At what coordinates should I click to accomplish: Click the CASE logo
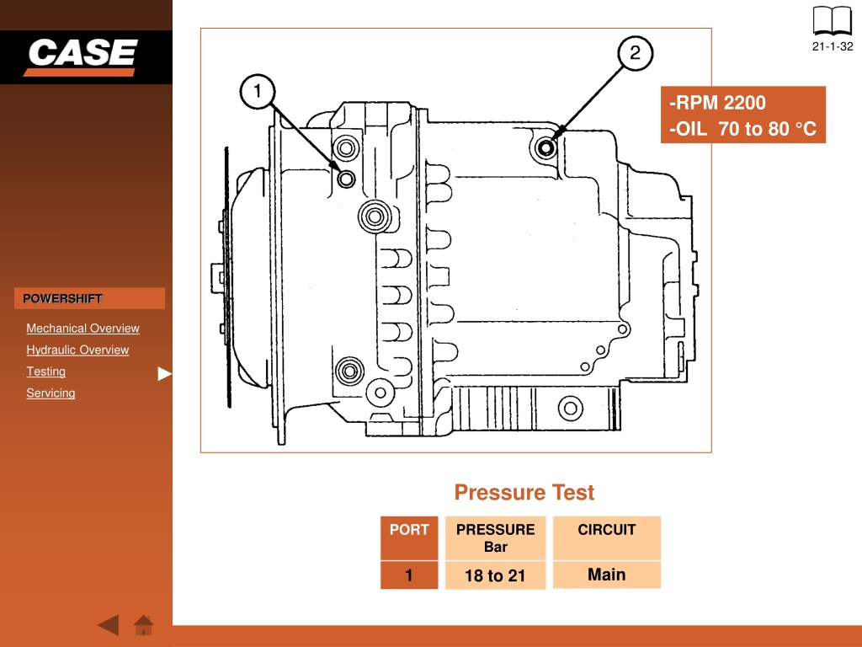tap(82, 56)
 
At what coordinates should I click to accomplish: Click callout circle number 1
tap(258, 91)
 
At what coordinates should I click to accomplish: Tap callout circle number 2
tap(635, 53)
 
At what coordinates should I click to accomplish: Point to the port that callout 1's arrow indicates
tap(346, 179)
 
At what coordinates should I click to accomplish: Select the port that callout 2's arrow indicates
tap(545, 147)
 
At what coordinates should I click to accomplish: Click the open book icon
tap(833, 21)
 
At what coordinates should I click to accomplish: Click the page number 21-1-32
tap(833, 47)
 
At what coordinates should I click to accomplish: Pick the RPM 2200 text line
tap(717, 103)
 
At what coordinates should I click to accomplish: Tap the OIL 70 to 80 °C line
tap(742, 129)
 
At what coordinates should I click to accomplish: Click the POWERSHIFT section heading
tap(62, 298)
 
